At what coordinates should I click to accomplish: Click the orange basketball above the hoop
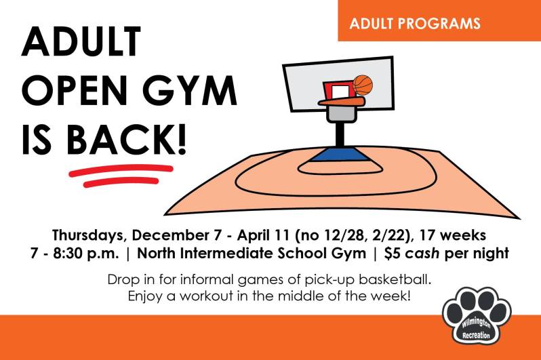click(363, 85)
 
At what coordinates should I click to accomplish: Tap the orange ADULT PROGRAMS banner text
click(415, 24)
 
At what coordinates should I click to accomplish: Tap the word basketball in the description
click(397, 279)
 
